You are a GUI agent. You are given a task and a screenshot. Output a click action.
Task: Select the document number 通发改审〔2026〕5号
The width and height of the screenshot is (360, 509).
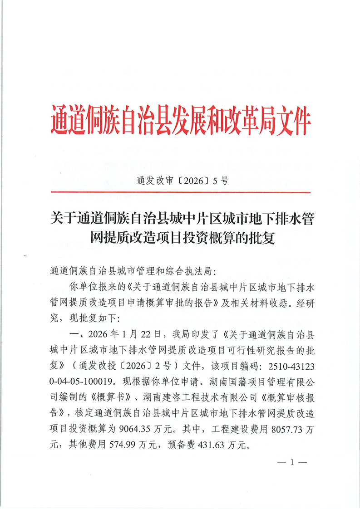pos(182,181)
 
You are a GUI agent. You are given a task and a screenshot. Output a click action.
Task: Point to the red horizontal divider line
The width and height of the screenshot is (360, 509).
pos(180,193)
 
